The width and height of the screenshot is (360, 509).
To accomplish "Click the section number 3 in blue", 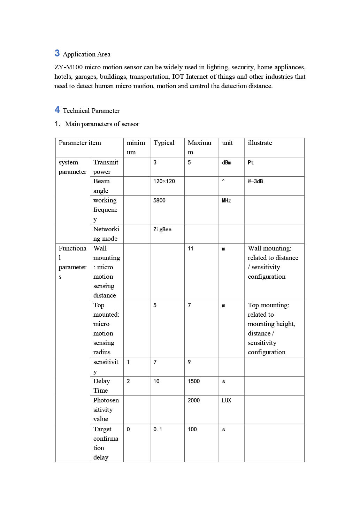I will (57, 53).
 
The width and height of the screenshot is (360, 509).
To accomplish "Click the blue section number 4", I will (57, 110).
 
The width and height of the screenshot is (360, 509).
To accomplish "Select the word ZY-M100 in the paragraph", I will (69, 67).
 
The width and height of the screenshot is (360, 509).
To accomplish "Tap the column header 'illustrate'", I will (260, 143).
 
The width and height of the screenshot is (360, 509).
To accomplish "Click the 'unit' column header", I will (227, 143).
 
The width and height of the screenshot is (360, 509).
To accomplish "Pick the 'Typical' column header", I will (164, 143).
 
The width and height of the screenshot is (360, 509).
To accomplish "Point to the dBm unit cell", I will (227, 163).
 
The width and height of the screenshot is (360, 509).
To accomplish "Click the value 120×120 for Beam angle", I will (164, 182).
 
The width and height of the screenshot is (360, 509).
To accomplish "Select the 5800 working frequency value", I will (159, 201).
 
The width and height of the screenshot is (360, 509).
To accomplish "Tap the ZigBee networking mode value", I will (162, 230).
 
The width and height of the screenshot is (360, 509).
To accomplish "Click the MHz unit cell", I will (227, 201).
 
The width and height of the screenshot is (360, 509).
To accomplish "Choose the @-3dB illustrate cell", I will (255, 182).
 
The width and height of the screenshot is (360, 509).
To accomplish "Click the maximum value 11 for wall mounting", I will (190, 249).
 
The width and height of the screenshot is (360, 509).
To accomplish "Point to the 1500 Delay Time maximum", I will (194, 381).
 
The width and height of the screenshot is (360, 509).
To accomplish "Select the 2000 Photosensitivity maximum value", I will (194, 401).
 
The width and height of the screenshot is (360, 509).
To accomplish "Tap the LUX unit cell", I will (227, 401).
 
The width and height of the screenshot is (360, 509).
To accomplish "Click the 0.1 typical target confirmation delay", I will (158, 430).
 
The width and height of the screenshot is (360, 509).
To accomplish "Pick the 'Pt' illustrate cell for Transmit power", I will (251, 163).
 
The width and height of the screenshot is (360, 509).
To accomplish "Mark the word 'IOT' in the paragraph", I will (178, 77).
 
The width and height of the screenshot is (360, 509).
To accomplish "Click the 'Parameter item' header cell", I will (80, 143).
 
